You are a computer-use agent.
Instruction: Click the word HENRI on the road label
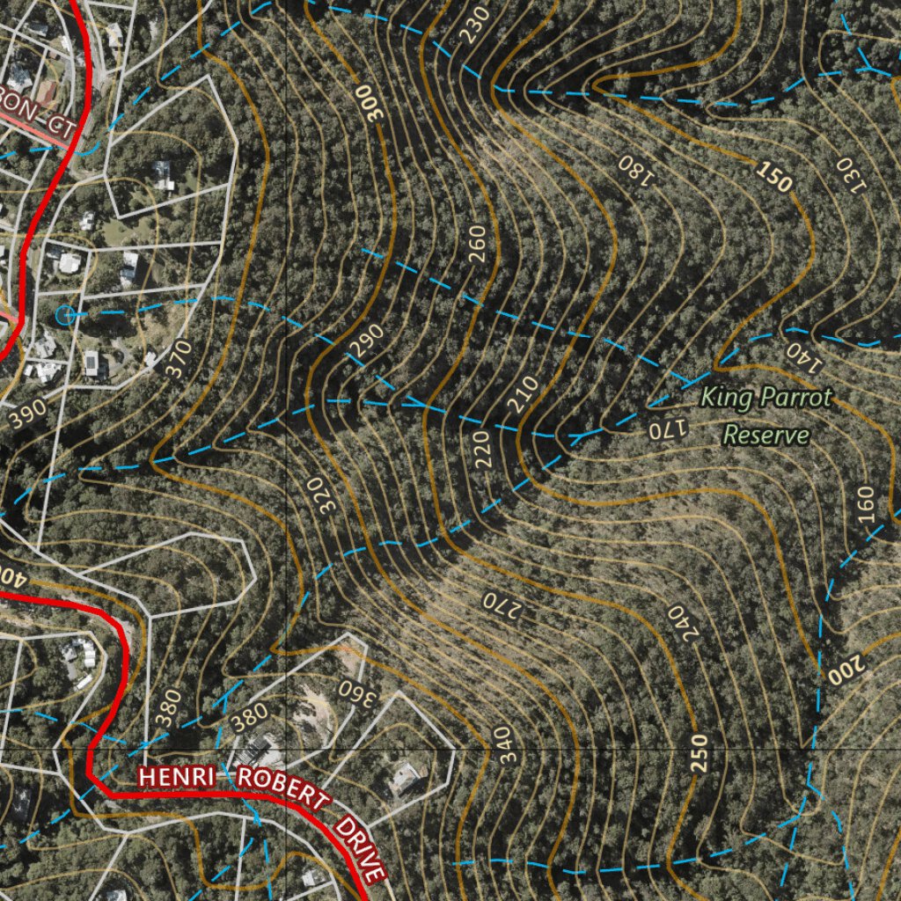pyautogui.click(x=181, y=778)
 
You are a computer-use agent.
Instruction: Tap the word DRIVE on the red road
pyautogui.click(x=362, y=849)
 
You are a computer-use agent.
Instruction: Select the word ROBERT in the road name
pyautogui.click(x=282, y=788)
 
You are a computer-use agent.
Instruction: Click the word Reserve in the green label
pyautogui.click(x=765, y=435)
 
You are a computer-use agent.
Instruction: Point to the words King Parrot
pyautogui.click(x=765, y=399)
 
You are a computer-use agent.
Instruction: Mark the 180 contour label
pyautogui.click(x=636, y=170)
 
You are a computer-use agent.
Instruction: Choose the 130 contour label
pyautogui.click(x=851, y=173)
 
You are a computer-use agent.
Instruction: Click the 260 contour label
pyautogui.click(x=477, y=244)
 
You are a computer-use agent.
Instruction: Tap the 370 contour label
pyautogui.click(x=178, y=359)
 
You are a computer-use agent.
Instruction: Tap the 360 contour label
pyautogui.click(x=357, y=692)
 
